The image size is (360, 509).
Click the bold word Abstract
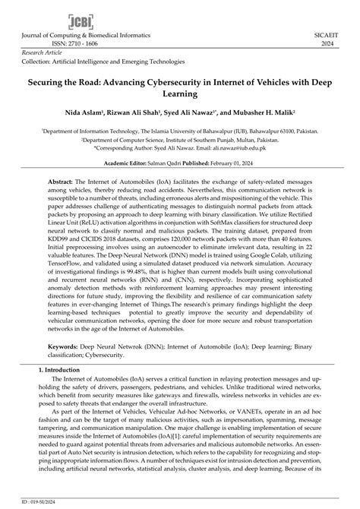click(60, 184)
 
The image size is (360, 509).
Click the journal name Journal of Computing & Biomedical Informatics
click(76, 35)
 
